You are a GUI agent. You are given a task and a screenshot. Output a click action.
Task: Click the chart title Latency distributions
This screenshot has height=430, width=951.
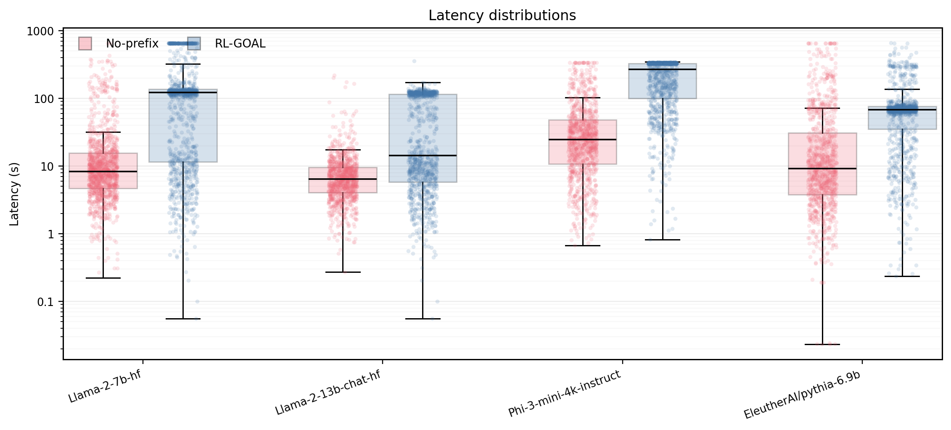(x=502, y=16)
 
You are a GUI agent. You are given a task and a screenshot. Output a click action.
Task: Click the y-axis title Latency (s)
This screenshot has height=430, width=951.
(x=14, y=194)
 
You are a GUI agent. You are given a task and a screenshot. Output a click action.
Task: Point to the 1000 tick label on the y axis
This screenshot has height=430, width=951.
(x=40, y=32)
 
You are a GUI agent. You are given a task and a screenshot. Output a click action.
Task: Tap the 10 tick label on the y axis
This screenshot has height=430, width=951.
(x=47, y=167)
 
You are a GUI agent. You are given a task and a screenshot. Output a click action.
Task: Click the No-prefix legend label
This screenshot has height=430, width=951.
(x=132, y=44)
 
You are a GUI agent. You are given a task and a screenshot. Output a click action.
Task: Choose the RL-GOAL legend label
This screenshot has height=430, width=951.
(x=240, y=44)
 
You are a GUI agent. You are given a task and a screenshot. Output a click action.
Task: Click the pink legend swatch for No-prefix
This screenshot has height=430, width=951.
(x=85, y=44)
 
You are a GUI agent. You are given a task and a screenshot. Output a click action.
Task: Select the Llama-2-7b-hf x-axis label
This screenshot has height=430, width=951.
(x=105, y=387)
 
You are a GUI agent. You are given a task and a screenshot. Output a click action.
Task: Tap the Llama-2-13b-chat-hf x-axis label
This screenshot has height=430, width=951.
(x=328, y=393)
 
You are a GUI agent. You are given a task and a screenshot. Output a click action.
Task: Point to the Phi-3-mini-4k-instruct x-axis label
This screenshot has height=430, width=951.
(x=564, y=393)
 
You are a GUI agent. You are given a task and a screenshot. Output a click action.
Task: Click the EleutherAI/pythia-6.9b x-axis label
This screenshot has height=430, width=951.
(x=802, y=396)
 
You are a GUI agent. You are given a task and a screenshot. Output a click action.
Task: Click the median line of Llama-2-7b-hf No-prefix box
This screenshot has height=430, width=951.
(x=103, y=171)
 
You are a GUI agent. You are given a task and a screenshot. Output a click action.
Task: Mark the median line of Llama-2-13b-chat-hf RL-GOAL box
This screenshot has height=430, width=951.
(x=423, y=156)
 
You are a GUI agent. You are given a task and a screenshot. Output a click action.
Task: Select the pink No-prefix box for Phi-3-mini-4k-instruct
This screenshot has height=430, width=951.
(x=583, y=142)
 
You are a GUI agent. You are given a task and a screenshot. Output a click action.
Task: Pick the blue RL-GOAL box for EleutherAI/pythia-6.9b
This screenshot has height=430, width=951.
(x=902, y=118)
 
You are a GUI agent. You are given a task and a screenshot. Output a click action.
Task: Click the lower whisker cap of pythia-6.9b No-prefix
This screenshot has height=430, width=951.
(x=822, y=345)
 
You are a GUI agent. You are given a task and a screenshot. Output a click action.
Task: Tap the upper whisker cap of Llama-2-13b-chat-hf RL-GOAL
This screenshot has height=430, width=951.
(x=423, y=83)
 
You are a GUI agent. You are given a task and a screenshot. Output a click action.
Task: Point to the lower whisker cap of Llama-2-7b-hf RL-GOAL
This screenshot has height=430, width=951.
(x=183, y=319)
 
